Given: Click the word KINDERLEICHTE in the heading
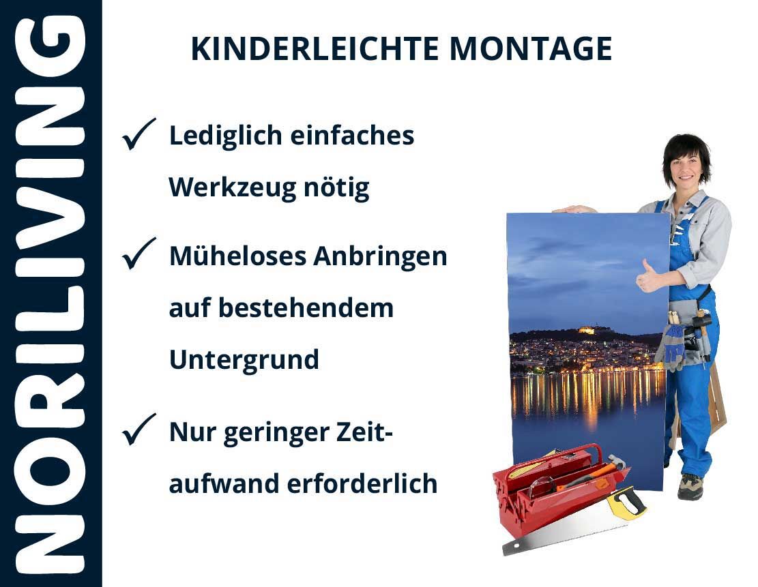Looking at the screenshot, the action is [x=315, y=49].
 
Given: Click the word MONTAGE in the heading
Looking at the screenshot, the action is [x=531, y=49].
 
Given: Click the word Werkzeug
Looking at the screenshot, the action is [x=232, y=187].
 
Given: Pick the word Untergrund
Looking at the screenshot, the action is [x=244, y=360].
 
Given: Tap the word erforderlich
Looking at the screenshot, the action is [x=362, y=483].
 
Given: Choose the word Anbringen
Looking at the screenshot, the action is [x=380, y=256].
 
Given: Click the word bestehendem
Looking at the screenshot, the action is [x=306, y=307].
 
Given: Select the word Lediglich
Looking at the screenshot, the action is [x=226, y=136].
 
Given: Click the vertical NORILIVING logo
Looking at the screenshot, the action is [x=50, y=294].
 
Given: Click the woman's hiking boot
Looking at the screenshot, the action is [x=690, y=486].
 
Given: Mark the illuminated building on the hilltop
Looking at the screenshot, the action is [x=586, y=331].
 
